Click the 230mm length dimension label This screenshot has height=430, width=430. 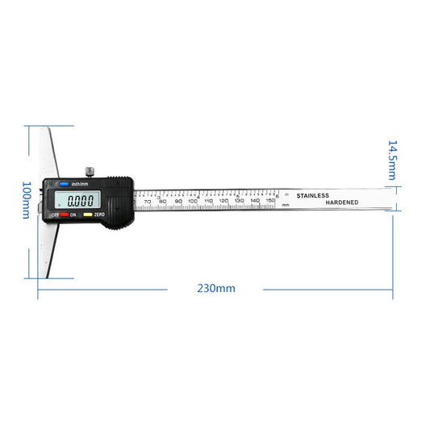pyautogui.click(x=215, y=288)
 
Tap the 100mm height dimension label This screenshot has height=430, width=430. pyautogui.click(x=27, y=202)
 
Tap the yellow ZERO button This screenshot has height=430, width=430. pyautogui.click(x=90, y=215)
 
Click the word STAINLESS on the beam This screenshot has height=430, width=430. pyautogui.click(x=313, y=196)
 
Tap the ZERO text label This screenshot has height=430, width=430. pyautogui.click(x=100, y=215)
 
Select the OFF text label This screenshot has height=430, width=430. pyautogui.click(x=56, y=215)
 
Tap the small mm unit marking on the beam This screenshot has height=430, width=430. pyautogui.click(x=286, y=206)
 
